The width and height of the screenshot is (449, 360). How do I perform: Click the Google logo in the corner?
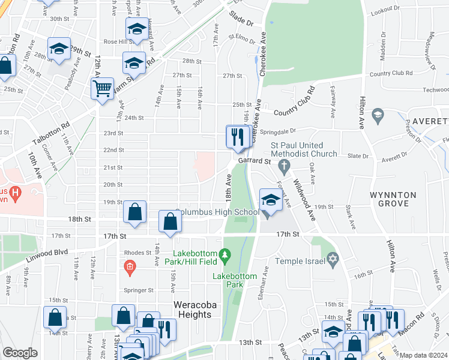tap(20, 353)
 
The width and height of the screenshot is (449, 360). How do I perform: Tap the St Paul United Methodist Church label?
tap(297, 149)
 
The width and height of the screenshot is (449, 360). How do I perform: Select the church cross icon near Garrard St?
tap(286, 165)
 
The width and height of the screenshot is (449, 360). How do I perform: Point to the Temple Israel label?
tap(298, 261)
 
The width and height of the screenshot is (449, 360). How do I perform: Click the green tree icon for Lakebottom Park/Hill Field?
tap(225, 256)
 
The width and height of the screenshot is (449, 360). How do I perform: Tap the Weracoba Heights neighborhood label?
tap(192, 310)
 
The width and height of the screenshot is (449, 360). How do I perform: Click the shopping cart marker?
tap(102, 89)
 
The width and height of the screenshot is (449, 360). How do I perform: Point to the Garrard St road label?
tap(255, 161)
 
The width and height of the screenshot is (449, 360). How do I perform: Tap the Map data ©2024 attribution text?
tap(424, 355)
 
